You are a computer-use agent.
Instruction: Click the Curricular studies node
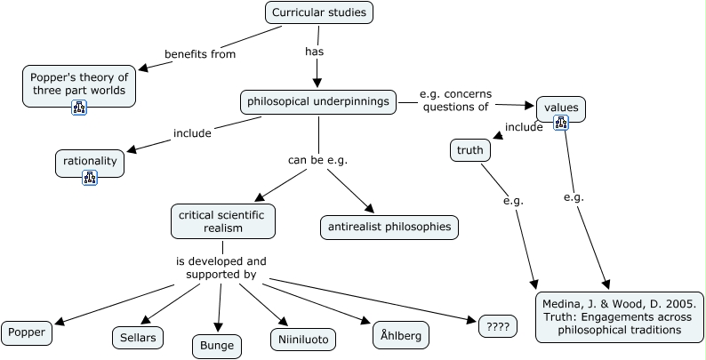click(x=318, y=12)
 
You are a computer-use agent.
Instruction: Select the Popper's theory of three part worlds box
click(x=79, y=84)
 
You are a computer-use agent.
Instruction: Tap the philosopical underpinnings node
click(x=317, y=101)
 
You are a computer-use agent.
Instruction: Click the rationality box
click(x=89, y=162)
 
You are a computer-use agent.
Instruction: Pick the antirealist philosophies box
click(x=389, y=227)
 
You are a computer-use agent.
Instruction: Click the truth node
click(x=470, y=150)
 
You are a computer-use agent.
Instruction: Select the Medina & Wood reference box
click(x=619, y=316)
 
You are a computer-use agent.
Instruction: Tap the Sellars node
click(x=138, y=337)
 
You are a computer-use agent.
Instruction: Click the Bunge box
click(x=217, y=345)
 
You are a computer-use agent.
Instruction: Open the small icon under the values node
click(x=561, y=122)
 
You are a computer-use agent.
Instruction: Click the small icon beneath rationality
click(x=89, y=178)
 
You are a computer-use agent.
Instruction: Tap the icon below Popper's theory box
click(x=79, y=108)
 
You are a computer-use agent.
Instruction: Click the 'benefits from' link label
click(x=200, y=53)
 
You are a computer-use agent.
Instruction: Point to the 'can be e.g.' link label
click(x=317, y=160)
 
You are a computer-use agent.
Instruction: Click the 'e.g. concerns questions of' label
click(x=455, y=100)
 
